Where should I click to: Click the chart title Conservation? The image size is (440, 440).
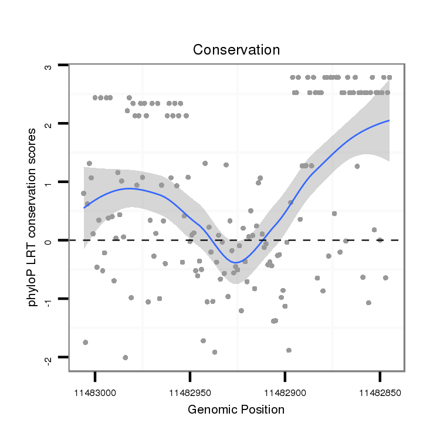(236, 50)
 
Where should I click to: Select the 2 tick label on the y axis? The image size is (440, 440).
(49, 124)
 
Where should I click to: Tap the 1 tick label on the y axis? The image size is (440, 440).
(49, 182)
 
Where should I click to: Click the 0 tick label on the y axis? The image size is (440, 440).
(49, 241)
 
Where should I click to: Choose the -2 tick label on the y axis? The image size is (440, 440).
(49, 357)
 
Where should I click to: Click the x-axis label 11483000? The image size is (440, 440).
(95, 391)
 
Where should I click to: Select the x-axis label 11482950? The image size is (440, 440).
(190, 391)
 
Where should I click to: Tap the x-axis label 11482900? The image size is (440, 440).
(285, 391)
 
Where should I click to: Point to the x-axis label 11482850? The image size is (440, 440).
(380, 391)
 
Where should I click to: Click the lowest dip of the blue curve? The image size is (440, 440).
(235, 262)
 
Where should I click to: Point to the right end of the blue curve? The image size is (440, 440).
(388, 121)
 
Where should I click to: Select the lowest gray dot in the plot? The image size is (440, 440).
(125, 357)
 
